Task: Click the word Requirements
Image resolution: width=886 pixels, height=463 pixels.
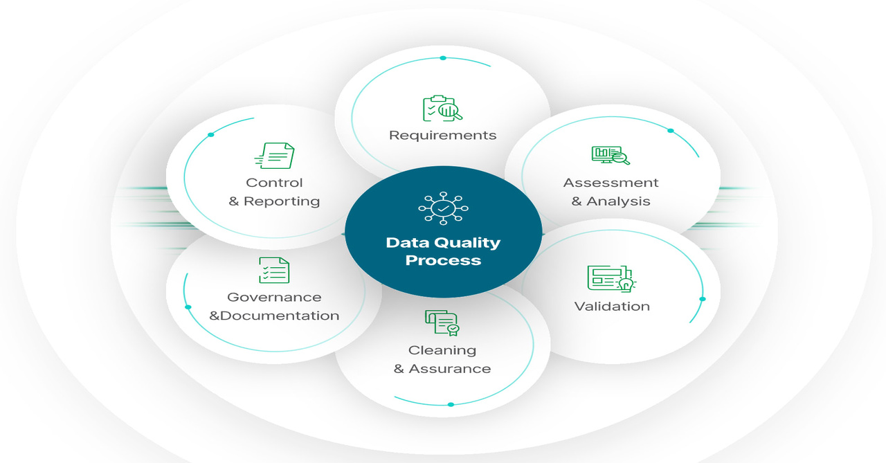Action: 442,135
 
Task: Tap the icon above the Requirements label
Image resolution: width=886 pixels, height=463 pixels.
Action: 442,108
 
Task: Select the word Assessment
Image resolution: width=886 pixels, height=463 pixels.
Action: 611,183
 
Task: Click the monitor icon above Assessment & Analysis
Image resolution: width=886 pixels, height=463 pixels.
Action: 611,154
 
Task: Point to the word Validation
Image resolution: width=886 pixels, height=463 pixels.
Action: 612,306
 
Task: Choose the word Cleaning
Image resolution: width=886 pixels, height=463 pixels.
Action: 442,350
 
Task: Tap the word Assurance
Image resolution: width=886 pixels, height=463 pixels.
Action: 450,369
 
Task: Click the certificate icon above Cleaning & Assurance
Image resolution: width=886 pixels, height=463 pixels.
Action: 442,323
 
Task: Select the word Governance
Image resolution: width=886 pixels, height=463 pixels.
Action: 274,297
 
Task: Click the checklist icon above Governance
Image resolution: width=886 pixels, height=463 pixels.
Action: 274,270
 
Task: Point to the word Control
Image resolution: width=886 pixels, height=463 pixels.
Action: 274,183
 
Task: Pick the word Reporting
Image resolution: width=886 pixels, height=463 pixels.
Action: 282,201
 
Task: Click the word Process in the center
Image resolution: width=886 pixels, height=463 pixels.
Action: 443,260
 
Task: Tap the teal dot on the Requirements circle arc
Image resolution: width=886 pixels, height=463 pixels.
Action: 443,58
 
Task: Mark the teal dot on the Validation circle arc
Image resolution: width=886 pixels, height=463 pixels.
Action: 703,299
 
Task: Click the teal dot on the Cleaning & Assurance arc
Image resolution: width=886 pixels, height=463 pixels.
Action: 451,404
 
